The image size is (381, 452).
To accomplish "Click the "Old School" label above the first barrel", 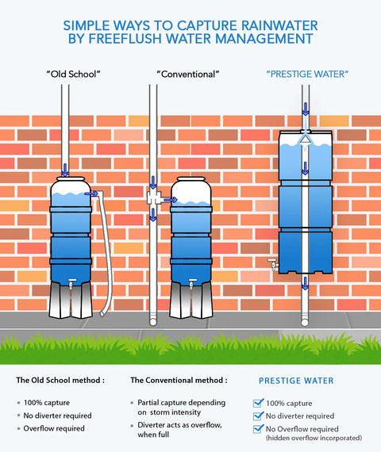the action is pos(73,74).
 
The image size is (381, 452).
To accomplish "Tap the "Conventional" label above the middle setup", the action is pos(188,74).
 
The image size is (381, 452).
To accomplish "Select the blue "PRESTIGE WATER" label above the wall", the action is pos(307,74).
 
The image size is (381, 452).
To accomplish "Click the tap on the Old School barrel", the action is pos(71,282).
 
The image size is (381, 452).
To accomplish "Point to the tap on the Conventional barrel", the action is pos(192,282).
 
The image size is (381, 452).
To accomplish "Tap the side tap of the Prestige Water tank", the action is pos(273,264).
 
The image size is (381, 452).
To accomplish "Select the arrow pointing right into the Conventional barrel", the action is pos(171,200).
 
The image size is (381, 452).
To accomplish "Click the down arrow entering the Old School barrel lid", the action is pos(65,170).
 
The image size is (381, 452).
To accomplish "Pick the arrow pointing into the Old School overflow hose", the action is pos(91,193).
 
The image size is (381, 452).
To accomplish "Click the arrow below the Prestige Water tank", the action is pos(305,283).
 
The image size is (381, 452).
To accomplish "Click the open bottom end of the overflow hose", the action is pos(103,313).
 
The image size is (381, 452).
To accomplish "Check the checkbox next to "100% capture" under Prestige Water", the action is pos(258,403).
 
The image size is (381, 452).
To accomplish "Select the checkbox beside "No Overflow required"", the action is pos(258,429).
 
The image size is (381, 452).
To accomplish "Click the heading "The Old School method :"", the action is pos(60,380).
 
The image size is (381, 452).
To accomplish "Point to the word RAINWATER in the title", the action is pos(279,25).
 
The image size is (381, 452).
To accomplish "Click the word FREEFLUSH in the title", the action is pos(125,39).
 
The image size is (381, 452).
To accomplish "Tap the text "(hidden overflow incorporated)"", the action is pos(314,438).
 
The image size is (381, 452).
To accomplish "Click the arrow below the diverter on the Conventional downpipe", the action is pos(153,214).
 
